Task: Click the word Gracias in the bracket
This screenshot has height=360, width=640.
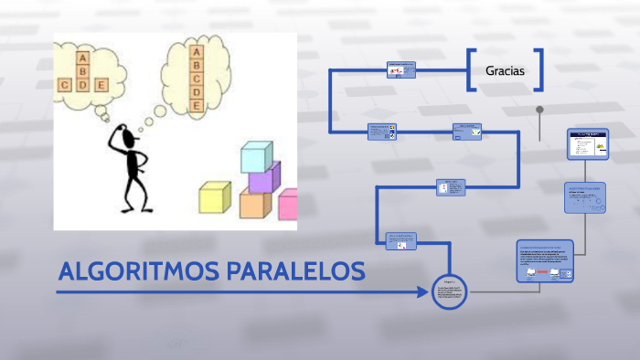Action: [505, 69]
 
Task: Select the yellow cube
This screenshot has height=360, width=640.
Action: [214, 198]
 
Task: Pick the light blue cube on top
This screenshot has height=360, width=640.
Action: [256, 156]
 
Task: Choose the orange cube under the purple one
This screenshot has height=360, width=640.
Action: [255, 205]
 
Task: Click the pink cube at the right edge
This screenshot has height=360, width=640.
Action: [288, 205]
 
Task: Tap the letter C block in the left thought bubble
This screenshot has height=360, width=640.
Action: [65, 85]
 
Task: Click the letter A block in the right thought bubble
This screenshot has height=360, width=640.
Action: [196, 53]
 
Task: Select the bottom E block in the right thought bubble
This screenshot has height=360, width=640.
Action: [196, 106]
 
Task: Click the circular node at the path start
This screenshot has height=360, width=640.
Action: [449, 292]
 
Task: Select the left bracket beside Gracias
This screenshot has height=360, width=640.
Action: [471, 70]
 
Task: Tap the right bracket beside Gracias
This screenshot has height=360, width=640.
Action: [539, 70]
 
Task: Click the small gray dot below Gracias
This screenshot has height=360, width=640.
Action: [540, 111]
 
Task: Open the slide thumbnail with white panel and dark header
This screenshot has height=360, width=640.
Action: [588, 144]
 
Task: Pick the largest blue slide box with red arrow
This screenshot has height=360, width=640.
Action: [545, 264]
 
